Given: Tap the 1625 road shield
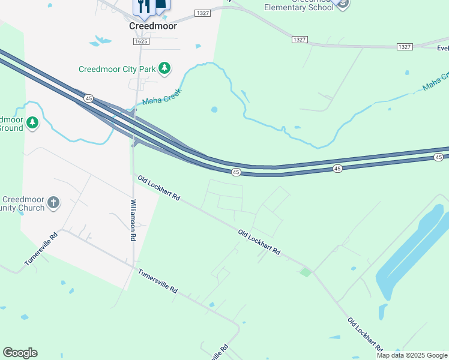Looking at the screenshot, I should [x=141, y=41].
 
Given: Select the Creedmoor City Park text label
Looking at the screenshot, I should [x=117, y=70].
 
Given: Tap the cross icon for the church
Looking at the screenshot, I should [x=53, y=202].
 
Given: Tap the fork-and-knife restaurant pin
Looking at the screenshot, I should [x=141, y=7].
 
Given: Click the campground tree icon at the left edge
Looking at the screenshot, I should [x=32, y=123].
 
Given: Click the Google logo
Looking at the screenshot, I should [x=20, y=353].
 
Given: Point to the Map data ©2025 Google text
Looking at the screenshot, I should [x=412, y=355].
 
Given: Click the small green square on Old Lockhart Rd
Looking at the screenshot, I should [x=306, y=272].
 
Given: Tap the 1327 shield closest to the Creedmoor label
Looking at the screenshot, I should [x=203, y=13].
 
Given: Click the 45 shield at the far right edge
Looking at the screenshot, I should [x=439, y=157].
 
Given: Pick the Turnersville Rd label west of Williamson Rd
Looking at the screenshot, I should [x=41, y=248].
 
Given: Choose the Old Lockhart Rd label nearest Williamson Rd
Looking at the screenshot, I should [x=159, y=188].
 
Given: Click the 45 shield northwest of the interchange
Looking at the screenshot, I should [x=88, y=98].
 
